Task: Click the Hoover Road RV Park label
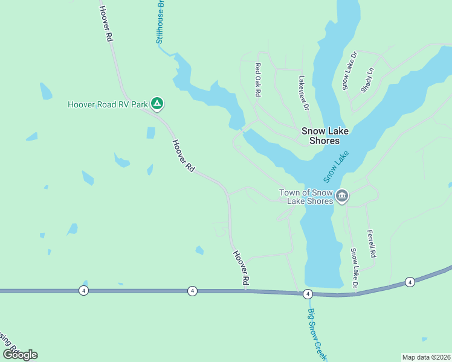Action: point(107,104)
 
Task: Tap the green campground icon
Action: point(157,104)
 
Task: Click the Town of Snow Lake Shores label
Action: point(306,197)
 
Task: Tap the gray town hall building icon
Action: point(342,196)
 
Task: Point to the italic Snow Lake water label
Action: point(337,167)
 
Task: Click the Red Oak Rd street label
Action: point(258,80)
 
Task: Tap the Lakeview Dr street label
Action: point(303,93)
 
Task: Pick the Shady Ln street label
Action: point(367,79)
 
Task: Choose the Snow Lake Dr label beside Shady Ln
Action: point(350,71)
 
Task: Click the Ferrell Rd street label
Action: point(372,244)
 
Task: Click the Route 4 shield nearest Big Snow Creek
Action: point(308,294)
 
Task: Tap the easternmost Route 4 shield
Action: point(410,282)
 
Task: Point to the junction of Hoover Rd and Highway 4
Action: point(246,291)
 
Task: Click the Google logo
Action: point(20,355)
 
